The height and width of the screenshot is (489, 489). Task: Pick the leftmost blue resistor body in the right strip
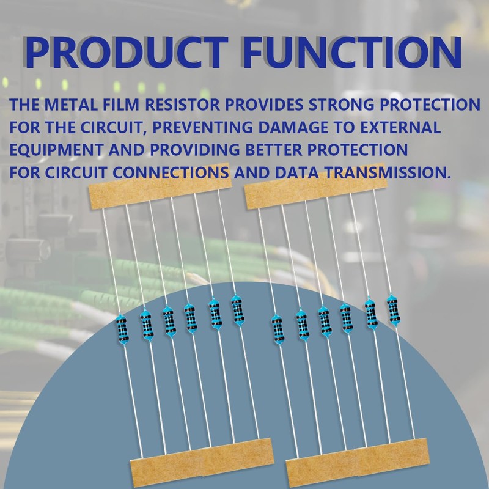point(277,331)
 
